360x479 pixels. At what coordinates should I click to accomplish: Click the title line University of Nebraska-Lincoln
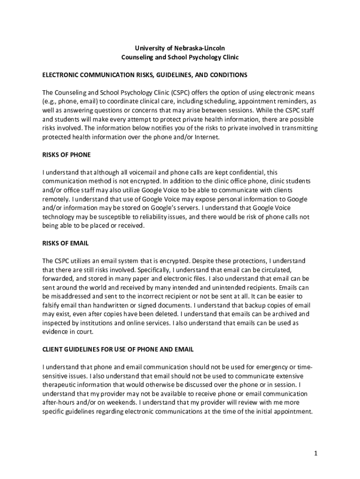180,48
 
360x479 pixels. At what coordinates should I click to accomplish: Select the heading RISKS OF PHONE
66,155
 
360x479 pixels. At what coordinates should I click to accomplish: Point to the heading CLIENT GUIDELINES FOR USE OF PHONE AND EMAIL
118,349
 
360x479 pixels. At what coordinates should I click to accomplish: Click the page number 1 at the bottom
316,453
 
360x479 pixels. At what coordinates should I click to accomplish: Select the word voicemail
134,173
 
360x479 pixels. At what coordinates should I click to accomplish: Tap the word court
85,332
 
